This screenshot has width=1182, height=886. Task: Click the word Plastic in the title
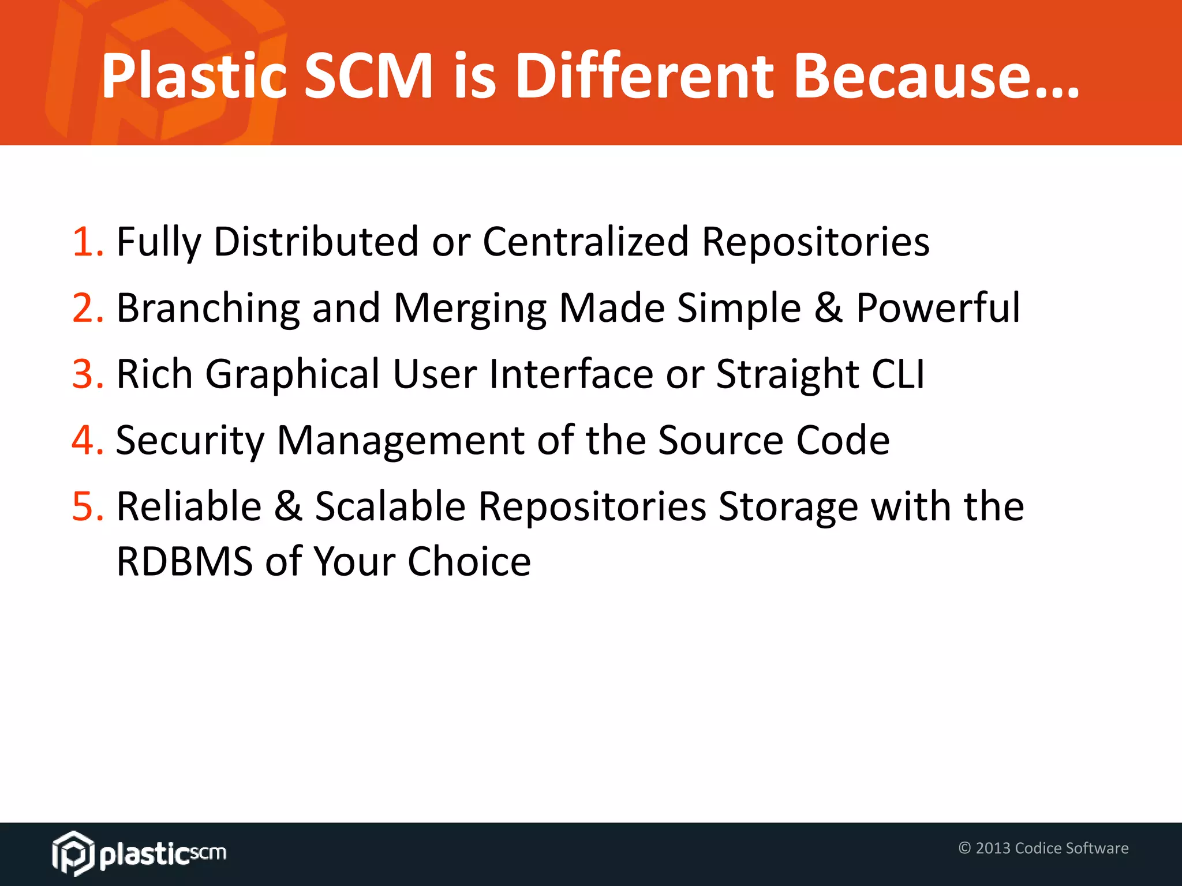click(194, 76)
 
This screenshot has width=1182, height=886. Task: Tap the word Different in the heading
click(644, 76)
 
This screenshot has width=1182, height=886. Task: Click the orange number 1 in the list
click(87, 242)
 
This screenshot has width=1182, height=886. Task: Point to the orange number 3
click(87, 374)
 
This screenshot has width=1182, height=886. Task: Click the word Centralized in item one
click(585, 242)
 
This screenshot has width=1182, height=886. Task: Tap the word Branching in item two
click(208, 308)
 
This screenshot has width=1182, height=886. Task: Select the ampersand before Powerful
click(828, 308)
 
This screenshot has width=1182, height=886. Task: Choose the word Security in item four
click(189, 441)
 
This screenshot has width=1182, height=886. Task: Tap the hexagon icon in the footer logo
click(73, 853)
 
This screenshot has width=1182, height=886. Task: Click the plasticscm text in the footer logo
click(163, 854)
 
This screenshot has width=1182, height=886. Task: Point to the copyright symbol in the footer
click(964, 848)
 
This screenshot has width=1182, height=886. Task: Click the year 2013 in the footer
click(993, 848)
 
